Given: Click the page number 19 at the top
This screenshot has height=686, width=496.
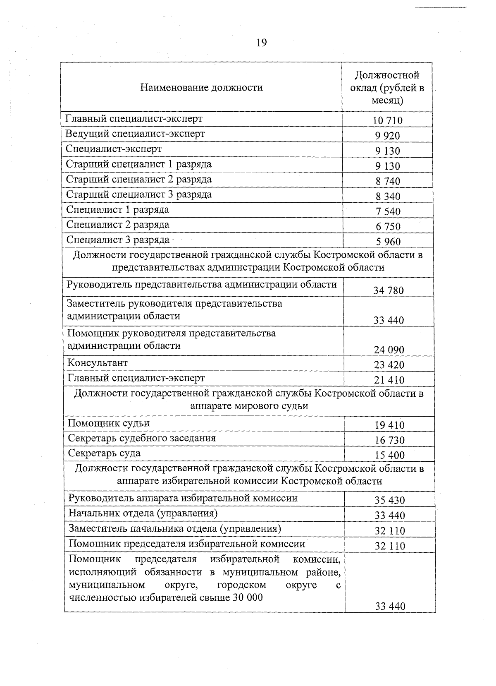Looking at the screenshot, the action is pos(262,43).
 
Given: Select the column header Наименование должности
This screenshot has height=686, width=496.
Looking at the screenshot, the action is pos(201,87).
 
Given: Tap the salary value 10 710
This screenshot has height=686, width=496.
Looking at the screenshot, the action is pos(387,121).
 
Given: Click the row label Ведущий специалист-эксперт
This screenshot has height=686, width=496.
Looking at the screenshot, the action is pos(135,134).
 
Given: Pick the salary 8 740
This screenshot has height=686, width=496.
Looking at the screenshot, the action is pos(388,181).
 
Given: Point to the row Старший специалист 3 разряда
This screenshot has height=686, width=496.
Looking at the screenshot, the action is pos(139,194).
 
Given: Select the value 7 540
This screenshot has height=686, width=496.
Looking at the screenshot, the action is pos(388,211).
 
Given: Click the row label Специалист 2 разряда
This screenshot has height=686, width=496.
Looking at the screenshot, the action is pos(118,225).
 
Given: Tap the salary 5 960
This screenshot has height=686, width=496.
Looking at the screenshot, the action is pos(388,242).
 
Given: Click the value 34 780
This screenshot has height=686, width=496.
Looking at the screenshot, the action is pos(388,290).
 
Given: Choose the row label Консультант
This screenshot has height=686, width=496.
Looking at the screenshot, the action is pos(98,363).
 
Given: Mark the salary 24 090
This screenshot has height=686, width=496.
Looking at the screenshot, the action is pos(389,350).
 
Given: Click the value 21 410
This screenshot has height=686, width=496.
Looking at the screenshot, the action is pos(389,380).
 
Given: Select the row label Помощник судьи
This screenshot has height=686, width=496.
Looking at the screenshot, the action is pos(108,423).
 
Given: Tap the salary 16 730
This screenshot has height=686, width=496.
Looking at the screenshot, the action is pos(389,441).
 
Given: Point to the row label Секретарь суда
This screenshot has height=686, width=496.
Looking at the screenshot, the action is pos(104,453).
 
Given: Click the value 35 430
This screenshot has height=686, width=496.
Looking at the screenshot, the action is pos(389,500).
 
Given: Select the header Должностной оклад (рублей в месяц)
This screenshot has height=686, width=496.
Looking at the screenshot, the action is pos(387,87).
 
